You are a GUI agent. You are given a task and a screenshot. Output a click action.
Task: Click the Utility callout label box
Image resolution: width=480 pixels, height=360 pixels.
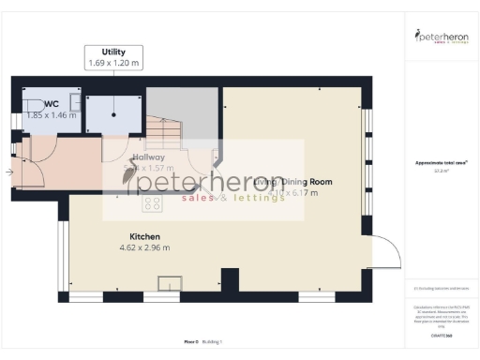114,57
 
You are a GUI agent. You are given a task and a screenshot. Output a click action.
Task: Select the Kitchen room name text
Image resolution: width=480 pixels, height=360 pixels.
145,236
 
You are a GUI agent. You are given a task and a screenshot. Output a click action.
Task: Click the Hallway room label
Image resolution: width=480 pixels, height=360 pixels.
148,157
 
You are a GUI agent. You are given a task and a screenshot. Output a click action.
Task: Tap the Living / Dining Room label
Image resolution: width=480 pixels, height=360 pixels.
292,181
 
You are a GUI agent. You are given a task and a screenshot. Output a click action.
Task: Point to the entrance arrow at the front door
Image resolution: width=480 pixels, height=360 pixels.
9,172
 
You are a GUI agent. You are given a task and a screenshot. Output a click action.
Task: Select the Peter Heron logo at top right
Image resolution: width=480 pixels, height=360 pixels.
442,37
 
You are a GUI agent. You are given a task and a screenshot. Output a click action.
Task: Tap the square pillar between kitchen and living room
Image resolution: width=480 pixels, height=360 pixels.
228,279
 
